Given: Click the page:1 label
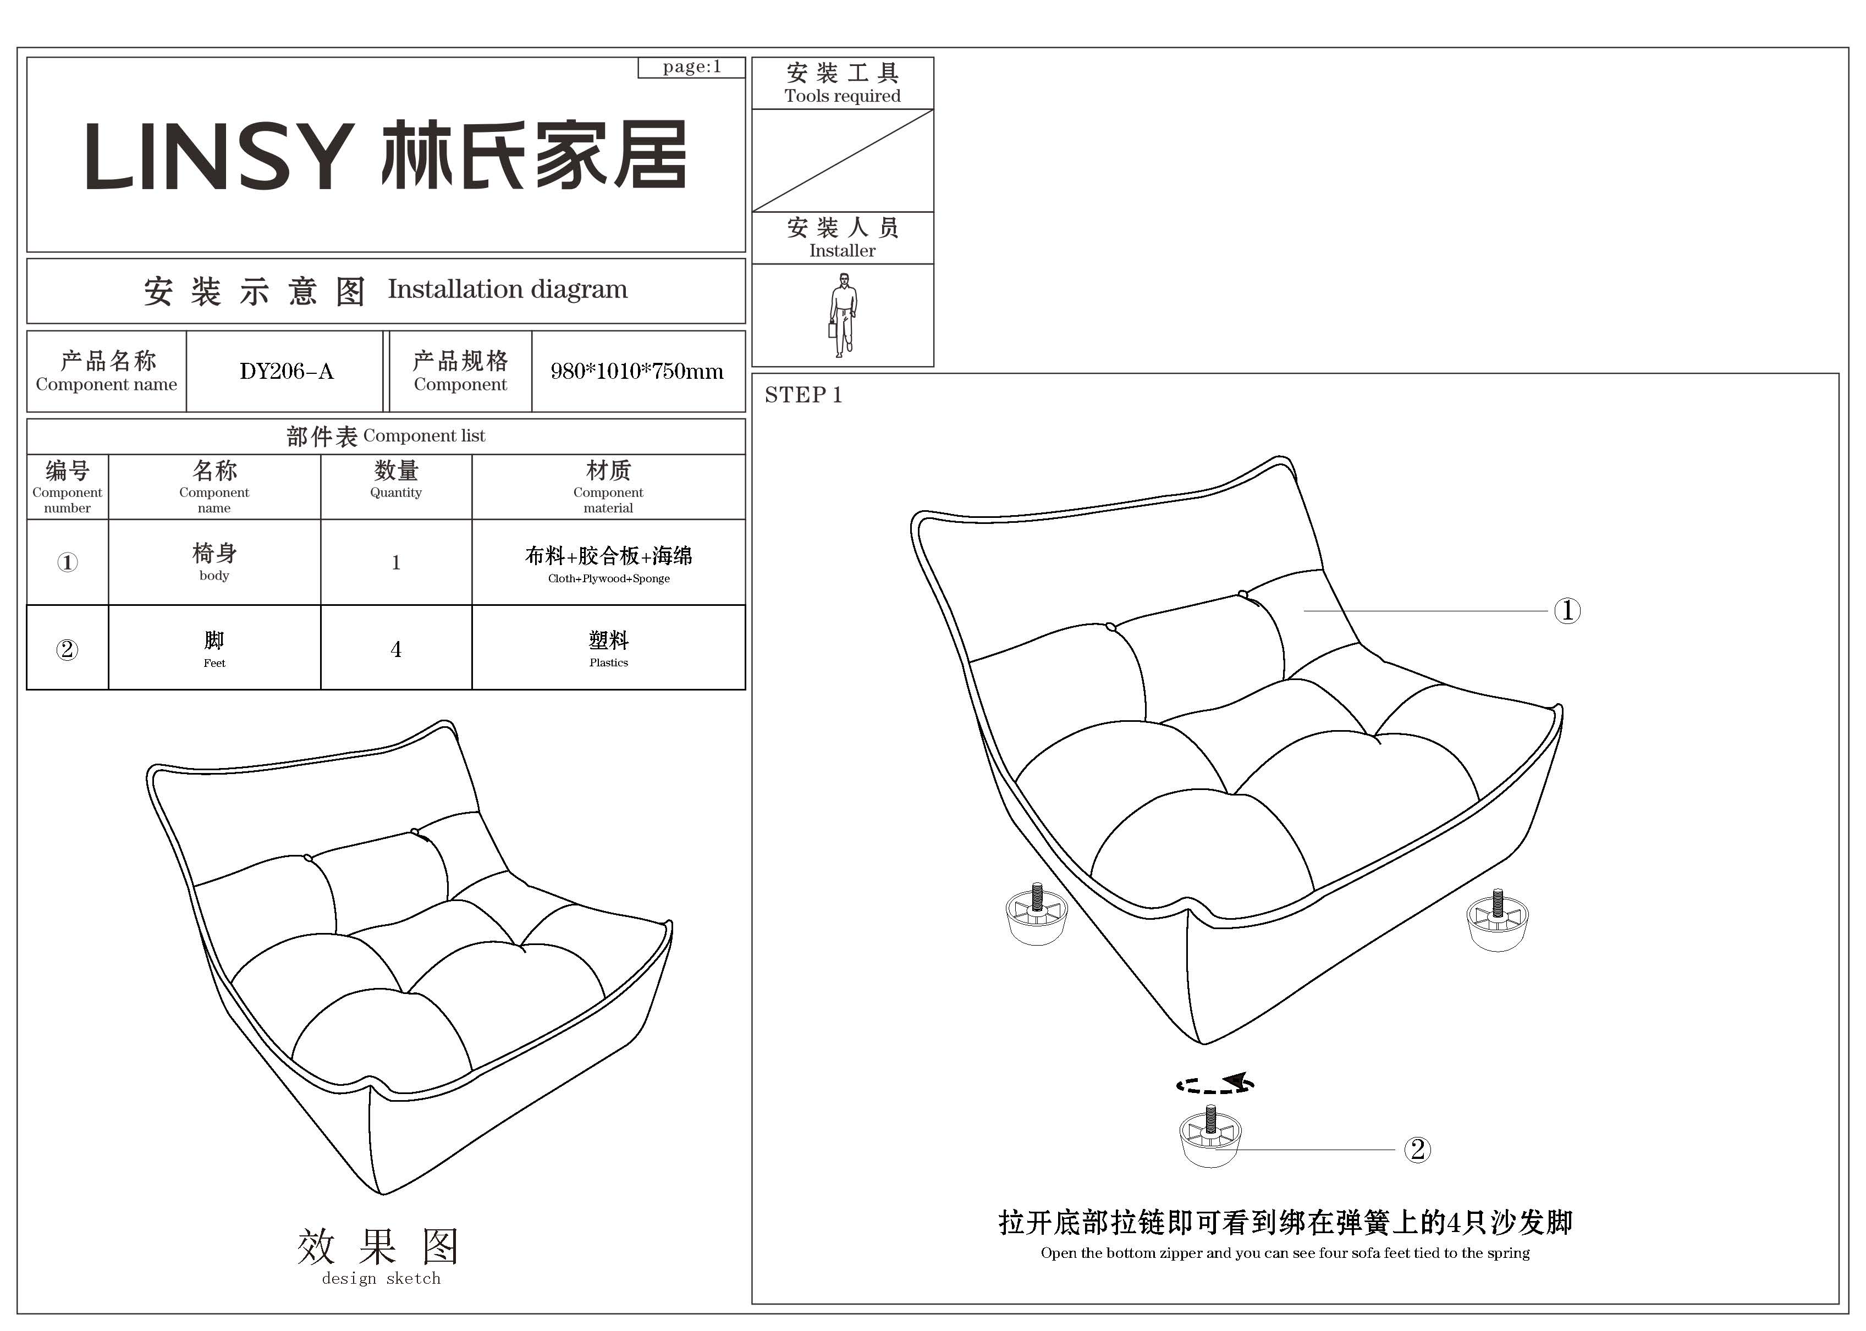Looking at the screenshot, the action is [x=691, y=67].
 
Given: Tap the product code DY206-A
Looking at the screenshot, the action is [x=286, y=371].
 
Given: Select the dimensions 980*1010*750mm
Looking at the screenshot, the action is [x=637, y=371].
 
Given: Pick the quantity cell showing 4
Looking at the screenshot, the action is [x=396, y=649].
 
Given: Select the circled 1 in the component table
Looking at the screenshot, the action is [x=67, y=562].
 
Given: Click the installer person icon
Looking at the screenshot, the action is [x=842, y=314].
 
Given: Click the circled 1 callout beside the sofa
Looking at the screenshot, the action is [x=1567, y=611].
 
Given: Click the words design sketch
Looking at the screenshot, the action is [x=381, y=1279].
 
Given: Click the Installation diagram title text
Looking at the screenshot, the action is [x=508, y=289].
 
